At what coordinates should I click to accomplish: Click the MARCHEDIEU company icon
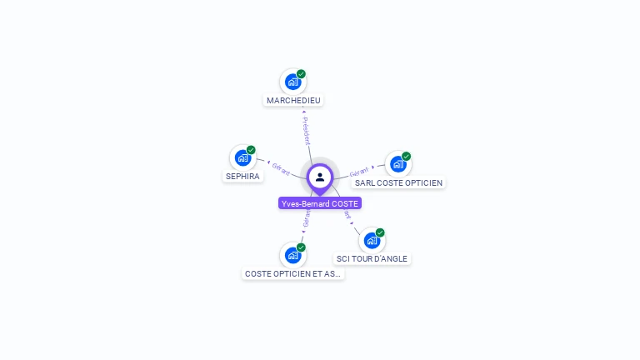292,82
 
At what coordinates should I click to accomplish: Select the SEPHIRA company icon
242,157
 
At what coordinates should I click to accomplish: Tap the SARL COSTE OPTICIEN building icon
397,163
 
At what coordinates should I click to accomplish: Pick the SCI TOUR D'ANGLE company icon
371,240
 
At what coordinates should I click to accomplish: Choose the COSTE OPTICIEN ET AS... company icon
292,255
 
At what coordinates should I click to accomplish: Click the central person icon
320,177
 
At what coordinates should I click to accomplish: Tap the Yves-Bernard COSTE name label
320,203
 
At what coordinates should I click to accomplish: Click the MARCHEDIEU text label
293,101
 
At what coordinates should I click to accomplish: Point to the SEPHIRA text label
243,177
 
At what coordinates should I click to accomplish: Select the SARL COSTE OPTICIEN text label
399,183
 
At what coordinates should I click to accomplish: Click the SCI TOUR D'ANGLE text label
372,259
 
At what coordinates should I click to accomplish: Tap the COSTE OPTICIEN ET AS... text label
292,273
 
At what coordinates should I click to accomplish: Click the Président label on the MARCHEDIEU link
306,131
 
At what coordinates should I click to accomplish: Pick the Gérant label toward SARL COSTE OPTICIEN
359,171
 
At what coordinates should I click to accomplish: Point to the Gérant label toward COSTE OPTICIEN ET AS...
306,217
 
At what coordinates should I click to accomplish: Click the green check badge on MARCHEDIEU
301,73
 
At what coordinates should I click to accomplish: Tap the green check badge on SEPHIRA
251,150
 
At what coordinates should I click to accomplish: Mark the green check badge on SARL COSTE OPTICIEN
407,156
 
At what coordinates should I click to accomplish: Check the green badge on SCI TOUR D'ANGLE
380,232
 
